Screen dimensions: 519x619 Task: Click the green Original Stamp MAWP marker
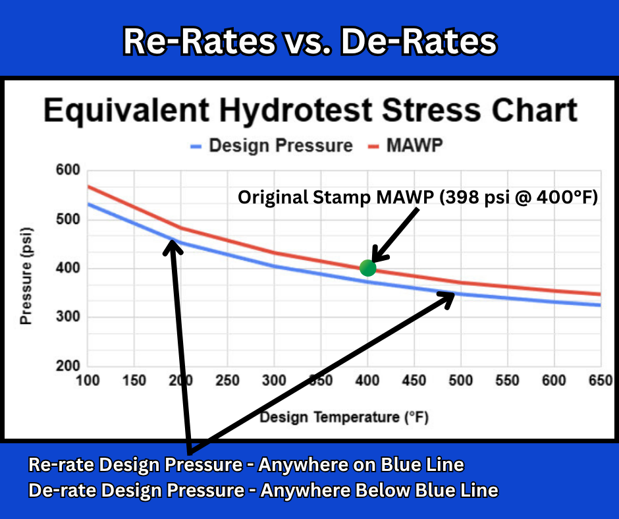click(367, 268)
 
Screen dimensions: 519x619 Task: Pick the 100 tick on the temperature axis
click(88, 381)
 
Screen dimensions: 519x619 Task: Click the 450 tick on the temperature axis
click(414, 381)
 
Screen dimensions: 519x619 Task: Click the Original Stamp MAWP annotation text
click(417, 197)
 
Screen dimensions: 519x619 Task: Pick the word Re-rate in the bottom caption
click(61, 465)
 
